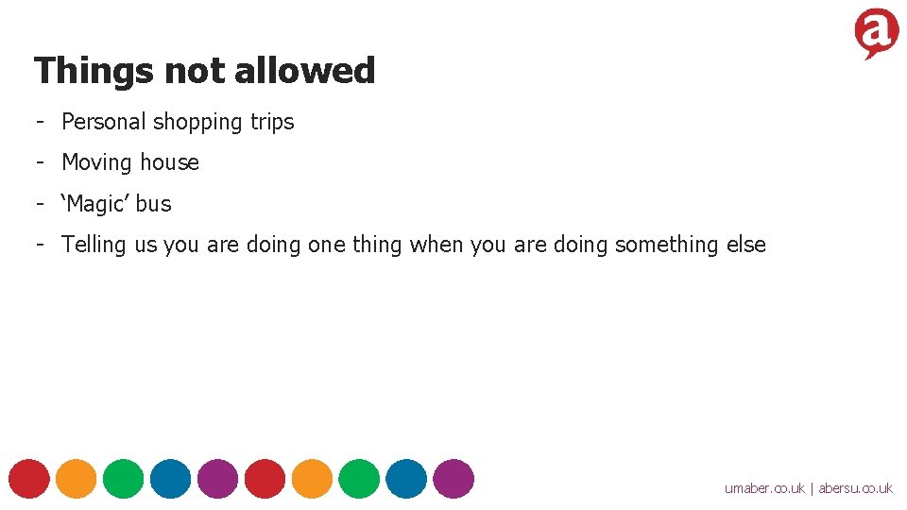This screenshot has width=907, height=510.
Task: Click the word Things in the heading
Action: tap(94, 71)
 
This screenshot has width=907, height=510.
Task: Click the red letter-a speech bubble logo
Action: tap(876, 34)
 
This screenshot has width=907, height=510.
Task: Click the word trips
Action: tap(272, 123)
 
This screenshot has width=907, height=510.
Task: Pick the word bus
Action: tap(153, 204)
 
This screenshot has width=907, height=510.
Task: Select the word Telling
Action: tap(94, 245)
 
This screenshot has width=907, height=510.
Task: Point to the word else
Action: tap(746, 245)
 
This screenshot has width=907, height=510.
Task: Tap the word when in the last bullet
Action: tap(436, 245)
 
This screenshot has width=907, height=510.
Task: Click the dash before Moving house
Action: tap(42, 162)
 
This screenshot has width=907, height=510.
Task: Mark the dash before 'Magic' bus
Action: tap(42, 203)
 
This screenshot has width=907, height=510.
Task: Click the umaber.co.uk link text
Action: tap(764, 488)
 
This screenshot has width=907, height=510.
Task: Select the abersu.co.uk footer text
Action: tap(855, 488)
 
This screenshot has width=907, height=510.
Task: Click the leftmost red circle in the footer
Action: tap(29, 478)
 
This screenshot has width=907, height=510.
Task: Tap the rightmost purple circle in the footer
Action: tap(454, 478)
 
